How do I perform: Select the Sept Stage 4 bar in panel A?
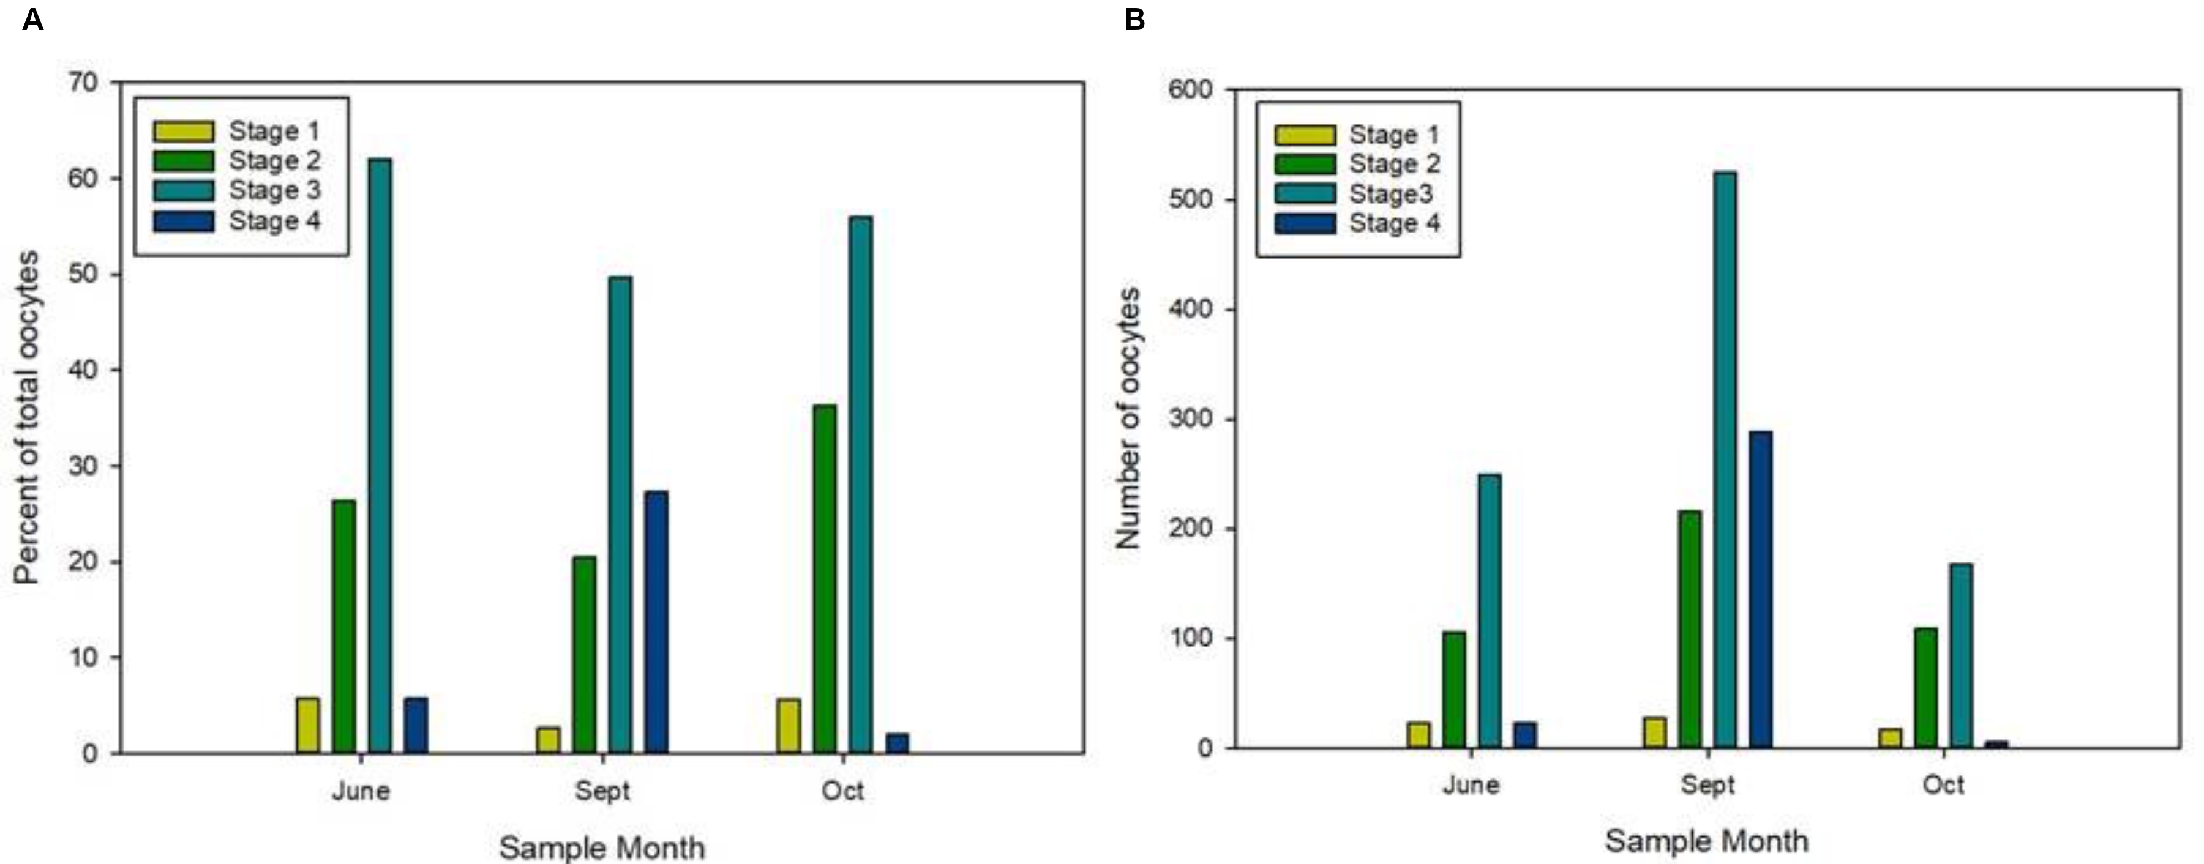pyautogui.click(x=656, y=622)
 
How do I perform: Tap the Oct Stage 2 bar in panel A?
pyautogui.click(x=825, y=578)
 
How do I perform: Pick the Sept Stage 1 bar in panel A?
pyautogui.click(x=549, y=740)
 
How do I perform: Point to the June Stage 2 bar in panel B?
pyautogui.click(x=1453, y=690)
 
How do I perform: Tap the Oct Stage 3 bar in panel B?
pyautogui.click(x=1961, y=655)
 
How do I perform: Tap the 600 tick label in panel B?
pyautogui.click(x=1190, y=89)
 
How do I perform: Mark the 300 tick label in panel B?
pyautogui.click(x=1190, y=419)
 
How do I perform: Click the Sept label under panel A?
pyautogui.click(x=602, y=791)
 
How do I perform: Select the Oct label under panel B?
pyautogui.click(x=1943, y=784)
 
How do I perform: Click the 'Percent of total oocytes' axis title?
pyautogui.click(x=28, y=417)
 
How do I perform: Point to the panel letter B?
pyautogui.click(x=1134, y=19)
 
